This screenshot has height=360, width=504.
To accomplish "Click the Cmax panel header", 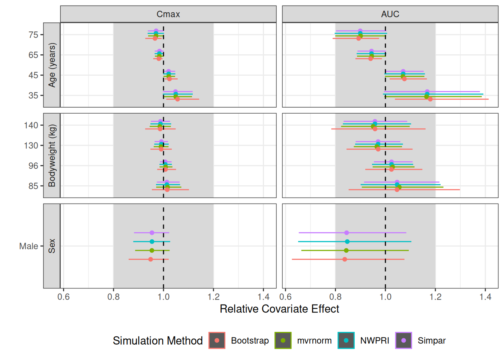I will coord(168,14).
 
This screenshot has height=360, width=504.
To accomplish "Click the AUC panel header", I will coord(390,14).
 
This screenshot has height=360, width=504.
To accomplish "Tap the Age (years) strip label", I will coord(52,65).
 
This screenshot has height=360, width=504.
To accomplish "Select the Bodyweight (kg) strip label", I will coord(52,155).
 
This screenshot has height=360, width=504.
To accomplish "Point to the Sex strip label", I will coord(52,246).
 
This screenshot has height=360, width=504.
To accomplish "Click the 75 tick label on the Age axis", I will coord(33,35).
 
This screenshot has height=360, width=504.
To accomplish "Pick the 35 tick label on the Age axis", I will coord(33,96).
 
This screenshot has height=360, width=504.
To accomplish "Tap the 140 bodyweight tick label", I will coord(31,125).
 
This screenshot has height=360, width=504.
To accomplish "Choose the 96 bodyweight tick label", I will coord(33,166).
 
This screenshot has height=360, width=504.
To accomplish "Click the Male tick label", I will coord(28,246).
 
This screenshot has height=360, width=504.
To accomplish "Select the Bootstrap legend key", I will coord(217,340).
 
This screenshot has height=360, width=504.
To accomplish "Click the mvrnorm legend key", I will coord(283,340).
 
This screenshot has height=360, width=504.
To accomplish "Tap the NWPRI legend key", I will coord(346,340).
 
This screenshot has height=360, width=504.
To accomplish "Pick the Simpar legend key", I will coord(403,340).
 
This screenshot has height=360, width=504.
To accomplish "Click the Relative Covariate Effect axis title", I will coord(279,309).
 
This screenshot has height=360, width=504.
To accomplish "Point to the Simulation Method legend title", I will coord(157,340).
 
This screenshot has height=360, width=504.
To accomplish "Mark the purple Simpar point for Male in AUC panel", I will coord(346,233).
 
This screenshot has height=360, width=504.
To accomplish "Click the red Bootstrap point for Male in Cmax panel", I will coord(151,259).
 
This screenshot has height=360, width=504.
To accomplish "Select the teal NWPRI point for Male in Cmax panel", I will coord(152,241).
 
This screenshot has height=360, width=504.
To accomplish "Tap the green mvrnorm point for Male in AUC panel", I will coord(346,250).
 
